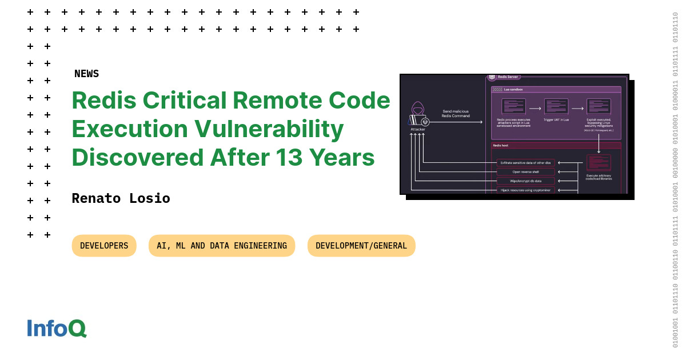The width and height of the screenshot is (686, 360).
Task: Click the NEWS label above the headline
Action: point(86,74)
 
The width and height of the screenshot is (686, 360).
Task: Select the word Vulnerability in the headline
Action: point(269,129)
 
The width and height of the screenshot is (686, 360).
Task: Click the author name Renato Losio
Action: point(121,198)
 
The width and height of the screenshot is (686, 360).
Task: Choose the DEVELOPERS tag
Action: point(104,246)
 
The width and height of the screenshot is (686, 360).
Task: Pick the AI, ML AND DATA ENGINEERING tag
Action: point(222,246)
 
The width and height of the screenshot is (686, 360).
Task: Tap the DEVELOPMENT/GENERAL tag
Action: point(361,246)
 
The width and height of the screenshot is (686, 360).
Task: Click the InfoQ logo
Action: point(57,328)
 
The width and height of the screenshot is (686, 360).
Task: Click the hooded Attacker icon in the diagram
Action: point(418,114)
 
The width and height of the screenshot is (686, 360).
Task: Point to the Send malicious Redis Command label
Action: point(456,114)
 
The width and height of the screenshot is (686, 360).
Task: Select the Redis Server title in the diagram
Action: point(507,77)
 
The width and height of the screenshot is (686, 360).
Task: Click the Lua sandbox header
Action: point(513,89)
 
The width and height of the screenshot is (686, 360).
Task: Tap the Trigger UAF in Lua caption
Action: point(556,120)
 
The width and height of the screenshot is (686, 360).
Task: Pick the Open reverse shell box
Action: point(525,171)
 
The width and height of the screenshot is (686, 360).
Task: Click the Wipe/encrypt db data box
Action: point(525,181)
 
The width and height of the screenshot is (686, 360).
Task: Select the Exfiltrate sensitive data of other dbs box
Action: point(525,163)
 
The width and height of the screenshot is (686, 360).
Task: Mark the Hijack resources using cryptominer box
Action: point(525,190)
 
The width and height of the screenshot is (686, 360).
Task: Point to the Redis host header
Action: point(501,146)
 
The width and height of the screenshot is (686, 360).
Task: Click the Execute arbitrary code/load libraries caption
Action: point(599,177)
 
